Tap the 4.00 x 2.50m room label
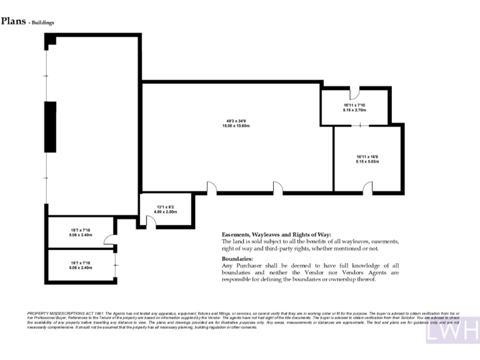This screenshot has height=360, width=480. point(166,212)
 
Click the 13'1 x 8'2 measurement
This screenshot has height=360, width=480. point(166,207)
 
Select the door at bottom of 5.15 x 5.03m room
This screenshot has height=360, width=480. point(368,187)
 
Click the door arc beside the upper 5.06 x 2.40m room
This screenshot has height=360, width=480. point(110,239)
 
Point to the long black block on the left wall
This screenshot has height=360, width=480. point(47,127)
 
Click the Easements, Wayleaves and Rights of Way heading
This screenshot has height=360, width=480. point(277,234)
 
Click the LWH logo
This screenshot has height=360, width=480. point(452,331)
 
